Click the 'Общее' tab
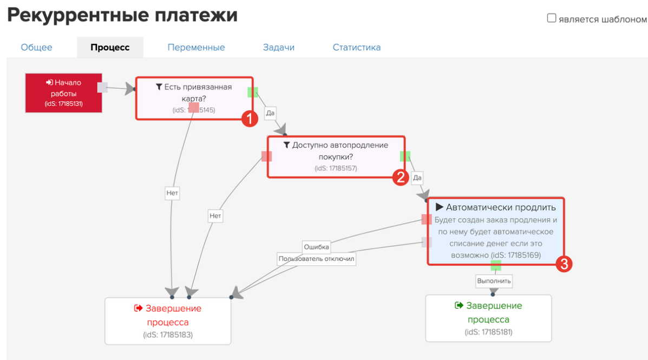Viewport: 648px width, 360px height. click(36, 48)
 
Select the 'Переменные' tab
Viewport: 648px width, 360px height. click(196, 48)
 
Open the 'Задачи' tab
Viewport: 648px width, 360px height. click(279, 48)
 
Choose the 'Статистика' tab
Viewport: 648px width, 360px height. click(357, 48)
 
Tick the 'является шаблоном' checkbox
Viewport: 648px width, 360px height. click(551, 18)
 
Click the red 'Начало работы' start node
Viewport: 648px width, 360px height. click(64, 93)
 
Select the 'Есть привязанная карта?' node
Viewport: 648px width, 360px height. click(194, 99)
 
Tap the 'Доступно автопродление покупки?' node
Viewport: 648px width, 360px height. click(336, 157)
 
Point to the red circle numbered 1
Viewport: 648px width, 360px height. click(250, 119)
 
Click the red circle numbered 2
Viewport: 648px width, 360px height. click(401, 178)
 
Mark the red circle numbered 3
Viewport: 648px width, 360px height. click(564, 264)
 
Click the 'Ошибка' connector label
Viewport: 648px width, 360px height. click(316, 247)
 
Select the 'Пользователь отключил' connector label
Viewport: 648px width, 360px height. click(316, 259)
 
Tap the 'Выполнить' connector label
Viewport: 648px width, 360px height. click(494, 281)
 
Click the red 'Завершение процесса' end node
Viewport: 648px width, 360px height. click(168, 321)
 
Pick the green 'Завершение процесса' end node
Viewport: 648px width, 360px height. click(488, 318)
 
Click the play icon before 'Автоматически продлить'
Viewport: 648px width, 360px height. click(439, 207)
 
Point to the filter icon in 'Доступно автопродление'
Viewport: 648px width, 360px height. click(286, 145)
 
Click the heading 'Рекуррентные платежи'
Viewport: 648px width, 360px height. click(122, 15)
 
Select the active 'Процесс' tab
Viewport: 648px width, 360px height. click(110, 48)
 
